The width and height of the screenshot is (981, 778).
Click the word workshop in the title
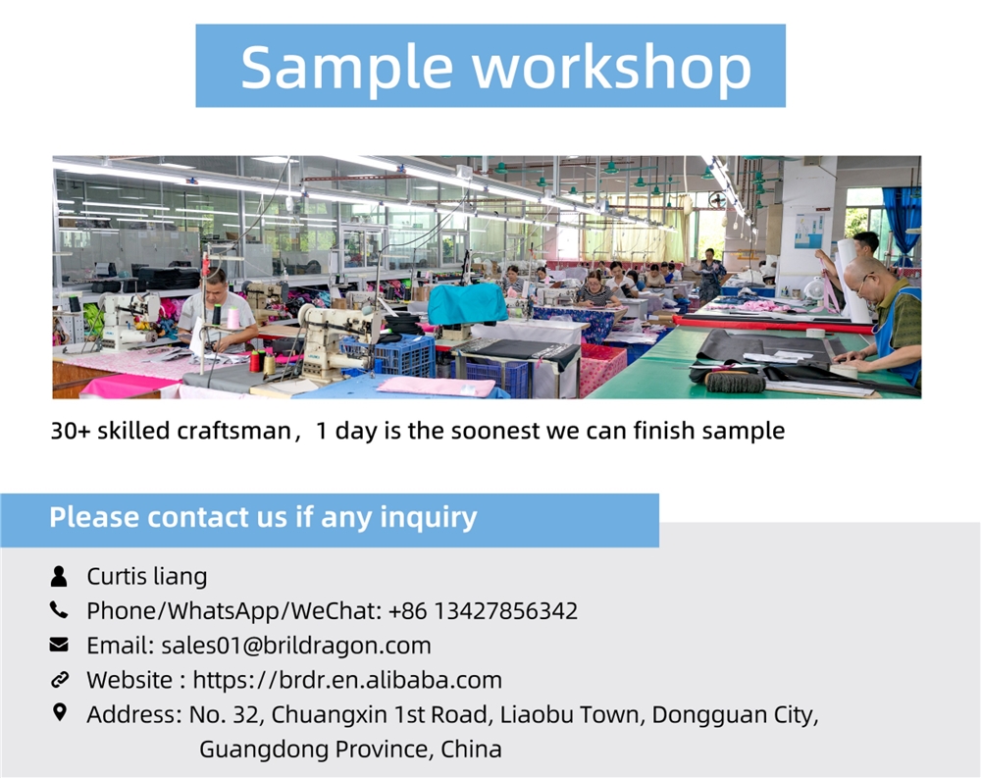(612, 67)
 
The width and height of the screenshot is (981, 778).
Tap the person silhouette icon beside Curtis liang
(59, 576)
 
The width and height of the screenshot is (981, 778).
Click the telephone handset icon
(59, 609)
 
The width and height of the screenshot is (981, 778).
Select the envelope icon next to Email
(59, 644)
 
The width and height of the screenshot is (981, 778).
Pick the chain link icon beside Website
(60, 679)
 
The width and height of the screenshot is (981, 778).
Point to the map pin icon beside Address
(60, 712)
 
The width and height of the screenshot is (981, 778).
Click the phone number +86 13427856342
(483, 611)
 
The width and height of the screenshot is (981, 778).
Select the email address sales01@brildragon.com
(296, 646)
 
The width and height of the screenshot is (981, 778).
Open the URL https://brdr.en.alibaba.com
(347, 680)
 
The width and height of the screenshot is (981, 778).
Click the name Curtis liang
(147, 577)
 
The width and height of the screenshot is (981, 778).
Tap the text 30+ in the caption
(70, 431)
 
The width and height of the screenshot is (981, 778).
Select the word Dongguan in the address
(703, 715)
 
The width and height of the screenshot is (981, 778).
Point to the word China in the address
(471, 749)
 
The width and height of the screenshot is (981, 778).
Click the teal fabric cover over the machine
(467, 303)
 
